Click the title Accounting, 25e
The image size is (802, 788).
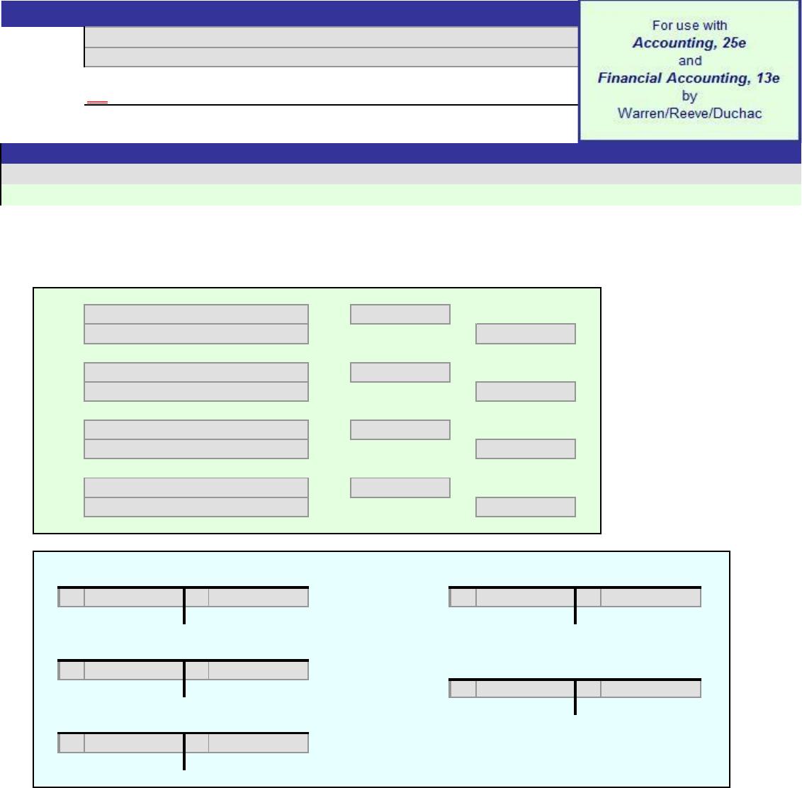pos(689,43)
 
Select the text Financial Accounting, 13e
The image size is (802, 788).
pos(689,78)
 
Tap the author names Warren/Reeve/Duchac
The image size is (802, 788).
pos(689,113)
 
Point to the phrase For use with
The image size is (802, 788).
pos(689,25)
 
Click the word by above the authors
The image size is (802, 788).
pos(689,96)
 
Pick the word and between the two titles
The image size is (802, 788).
pos(690,60)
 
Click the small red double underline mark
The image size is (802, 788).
pos(97,102)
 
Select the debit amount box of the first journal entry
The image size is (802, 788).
pos(400,314)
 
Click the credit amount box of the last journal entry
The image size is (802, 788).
pos(525,507)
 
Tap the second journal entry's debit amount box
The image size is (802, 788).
pos(400,372)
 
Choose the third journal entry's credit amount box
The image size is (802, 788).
pos(525,449)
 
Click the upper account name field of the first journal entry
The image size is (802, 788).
pos(196,314)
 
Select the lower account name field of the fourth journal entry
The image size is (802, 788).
pos(196,507)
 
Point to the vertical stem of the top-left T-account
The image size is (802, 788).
pos(184,606)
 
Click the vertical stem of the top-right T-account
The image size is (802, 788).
pos(575,606)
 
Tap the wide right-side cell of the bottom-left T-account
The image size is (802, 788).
pos(259,743)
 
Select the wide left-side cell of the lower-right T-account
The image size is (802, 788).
pos(525,689)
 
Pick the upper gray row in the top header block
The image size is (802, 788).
pos(331,38)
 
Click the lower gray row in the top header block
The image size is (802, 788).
pos(331,57)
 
